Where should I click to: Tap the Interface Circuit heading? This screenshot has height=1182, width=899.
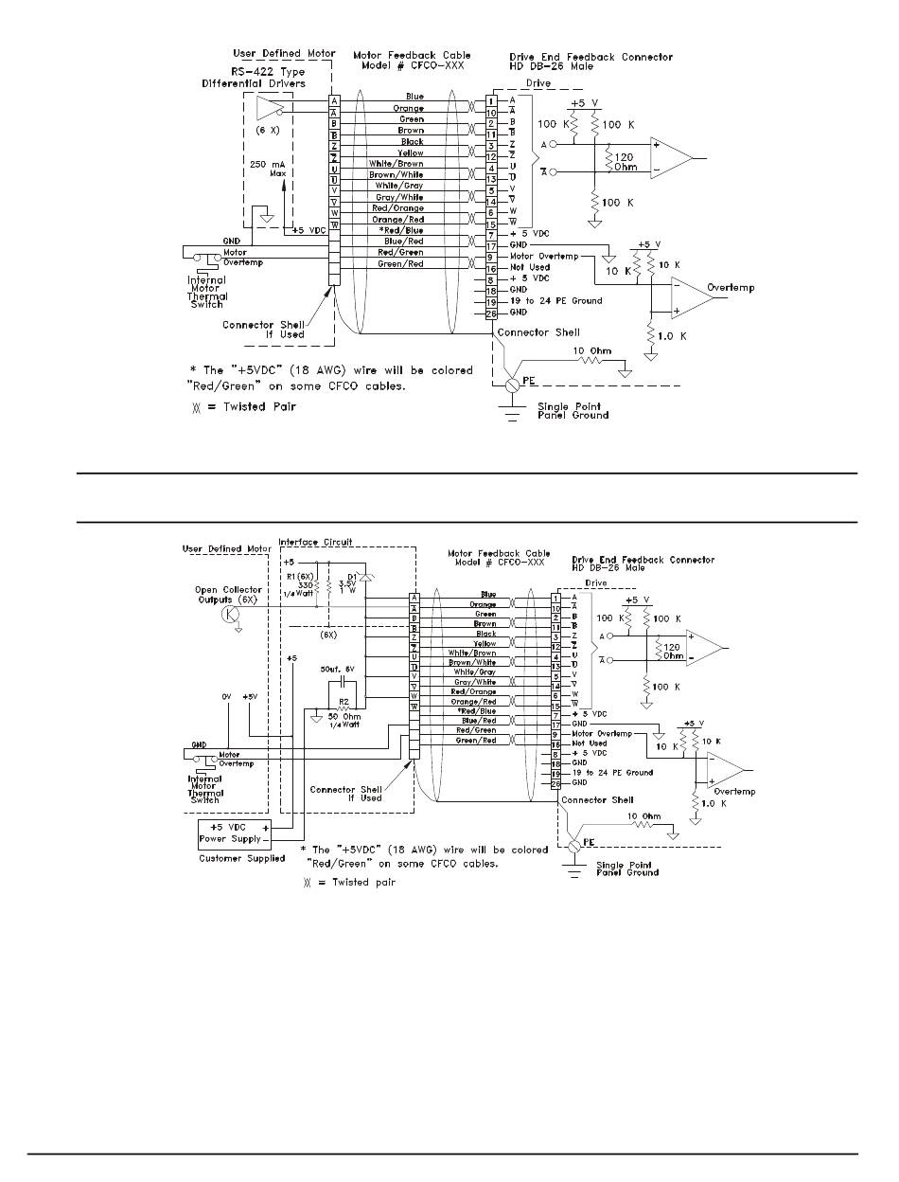pos(315,543)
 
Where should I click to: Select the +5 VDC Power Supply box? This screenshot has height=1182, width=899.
pos(230,833)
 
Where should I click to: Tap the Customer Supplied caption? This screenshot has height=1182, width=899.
pos(241,858)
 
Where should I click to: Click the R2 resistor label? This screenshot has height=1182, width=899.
pos(346,703)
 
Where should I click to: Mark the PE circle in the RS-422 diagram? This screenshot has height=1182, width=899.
pos(512,385)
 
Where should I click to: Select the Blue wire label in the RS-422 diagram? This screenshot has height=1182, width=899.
pos(414,97)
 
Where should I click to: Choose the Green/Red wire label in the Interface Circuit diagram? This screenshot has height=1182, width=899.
pos(476,741)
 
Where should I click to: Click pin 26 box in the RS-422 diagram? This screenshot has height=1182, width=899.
pos(492,312)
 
